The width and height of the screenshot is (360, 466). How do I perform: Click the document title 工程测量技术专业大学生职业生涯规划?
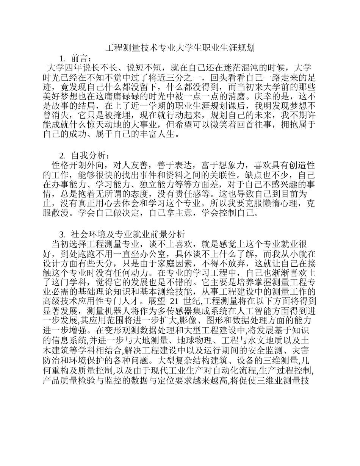click(x=180, y=48)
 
